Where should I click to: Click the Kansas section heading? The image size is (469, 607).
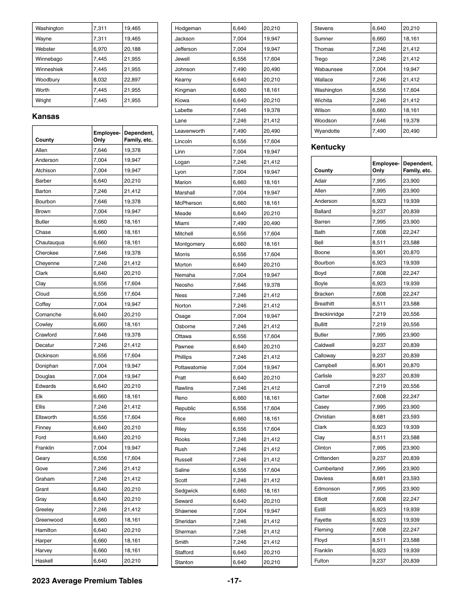click(45, 116)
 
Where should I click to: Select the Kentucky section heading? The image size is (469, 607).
click(328, 147)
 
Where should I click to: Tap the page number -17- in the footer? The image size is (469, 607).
click(234, 581)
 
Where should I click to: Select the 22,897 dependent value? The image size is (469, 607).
click(132, 79)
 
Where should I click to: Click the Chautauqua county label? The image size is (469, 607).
click(50, 242)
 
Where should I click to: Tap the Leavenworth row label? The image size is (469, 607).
click(190, 131)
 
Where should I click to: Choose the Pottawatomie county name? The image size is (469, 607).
click(191, 367)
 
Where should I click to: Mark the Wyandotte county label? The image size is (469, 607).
click(327, 131)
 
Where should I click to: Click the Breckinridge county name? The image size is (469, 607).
click(329, 314)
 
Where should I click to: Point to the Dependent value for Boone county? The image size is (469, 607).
click(411, 252)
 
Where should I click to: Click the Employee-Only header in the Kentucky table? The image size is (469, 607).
click(386, 167)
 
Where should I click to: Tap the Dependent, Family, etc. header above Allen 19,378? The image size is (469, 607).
click(139, 136)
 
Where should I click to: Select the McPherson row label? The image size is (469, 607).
click(188, 203)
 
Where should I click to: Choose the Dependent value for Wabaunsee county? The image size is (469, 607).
click(411, 69)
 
